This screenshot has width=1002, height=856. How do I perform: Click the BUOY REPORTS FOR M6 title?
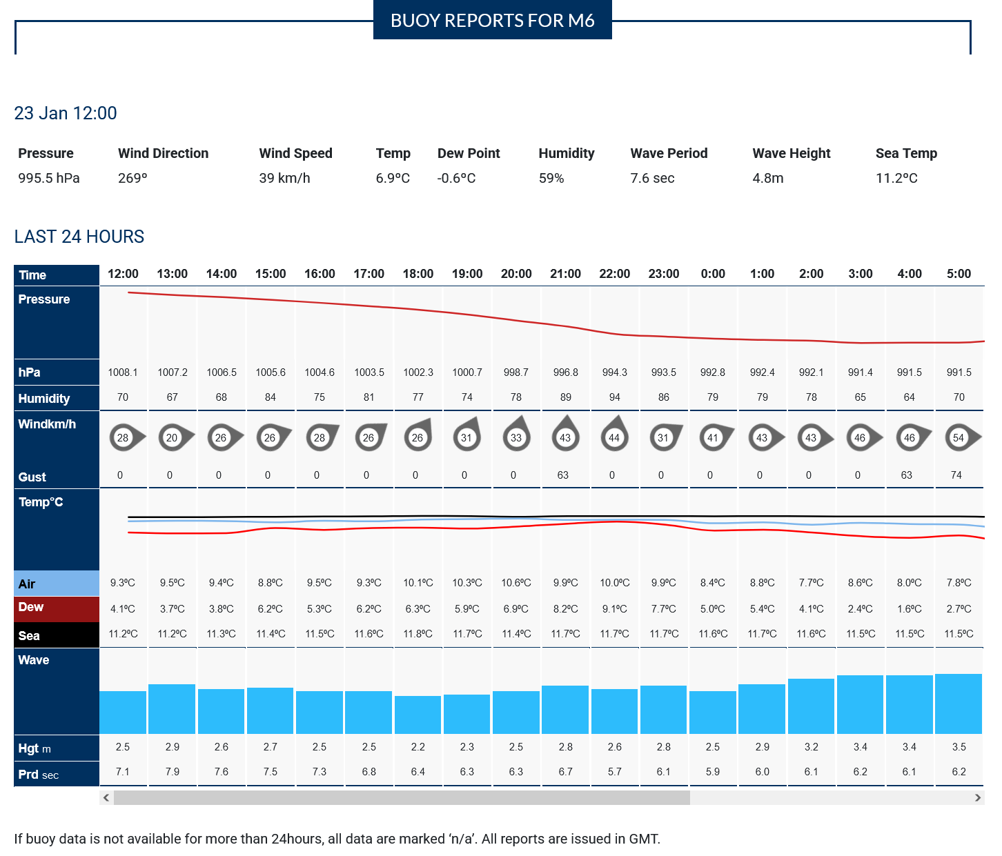click(x=492, y=20)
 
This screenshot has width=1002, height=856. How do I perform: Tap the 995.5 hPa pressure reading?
click(x=49, y=178)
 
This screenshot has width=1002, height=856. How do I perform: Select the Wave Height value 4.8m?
click(x=768, y=178)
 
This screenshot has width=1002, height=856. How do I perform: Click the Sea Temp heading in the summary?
click(x=906, y=153)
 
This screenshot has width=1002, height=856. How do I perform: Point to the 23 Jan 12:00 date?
click(x=66, y=113)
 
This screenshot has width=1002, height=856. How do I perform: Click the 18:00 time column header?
click(x=417, y=274)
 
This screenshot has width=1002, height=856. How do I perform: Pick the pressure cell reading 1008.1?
click(x=123, y=372)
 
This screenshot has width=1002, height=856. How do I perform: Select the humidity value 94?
click(x=614, y=397)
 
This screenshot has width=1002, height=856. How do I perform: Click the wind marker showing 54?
click(x=959, y=437)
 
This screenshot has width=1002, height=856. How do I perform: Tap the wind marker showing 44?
click(x=614, y=437)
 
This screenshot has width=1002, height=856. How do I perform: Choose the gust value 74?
click(x=956, y=475)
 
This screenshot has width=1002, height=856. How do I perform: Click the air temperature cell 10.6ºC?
click(x=516, y=583)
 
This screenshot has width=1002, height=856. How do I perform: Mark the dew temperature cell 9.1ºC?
click(x=614, y=609)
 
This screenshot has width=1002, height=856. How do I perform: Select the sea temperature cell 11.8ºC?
click(x=417, y=634)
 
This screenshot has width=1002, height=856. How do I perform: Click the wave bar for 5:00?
click(x=959, y=704)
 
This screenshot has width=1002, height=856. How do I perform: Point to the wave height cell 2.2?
click(x=417, y=747)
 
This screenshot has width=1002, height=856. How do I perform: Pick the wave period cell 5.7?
click(x=614, y=772)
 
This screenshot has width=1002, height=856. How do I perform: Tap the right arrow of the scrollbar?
click(x=977, y=797)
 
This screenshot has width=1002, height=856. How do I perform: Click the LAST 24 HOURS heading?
click(x=79, y=237)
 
